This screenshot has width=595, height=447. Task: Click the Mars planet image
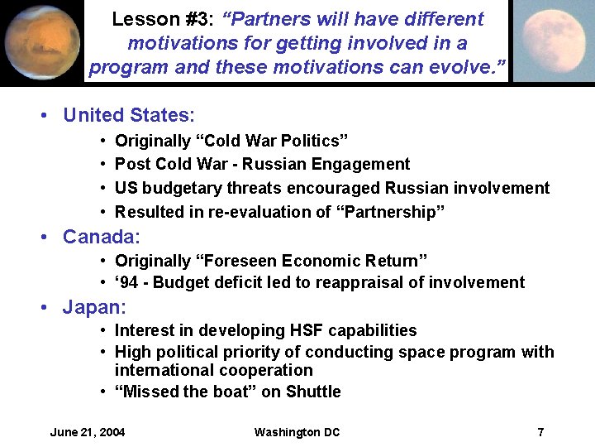click(41, 41)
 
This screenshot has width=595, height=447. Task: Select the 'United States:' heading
click(129, 115)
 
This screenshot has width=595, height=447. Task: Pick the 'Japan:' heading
click(94, 309)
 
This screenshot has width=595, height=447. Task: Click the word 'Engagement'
click(364, 164)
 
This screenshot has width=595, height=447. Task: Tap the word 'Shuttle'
click(312, 392)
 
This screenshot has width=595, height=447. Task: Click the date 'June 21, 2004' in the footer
click(88, 432)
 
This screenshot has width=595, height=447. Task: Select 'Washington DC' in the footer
click(297, 432)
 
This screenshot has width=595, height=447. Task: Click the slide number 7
click(540, 432)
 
